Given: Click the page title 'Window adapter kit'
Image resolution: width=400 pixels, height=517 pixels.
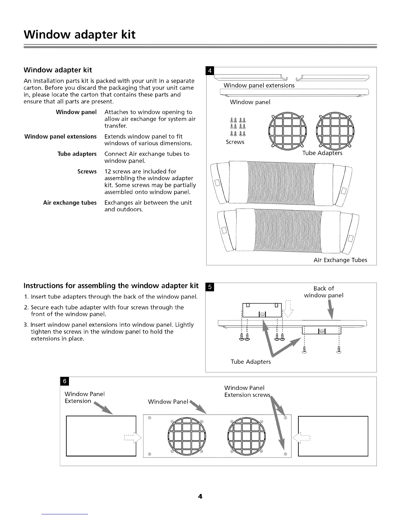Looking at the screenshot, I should pos(79,35).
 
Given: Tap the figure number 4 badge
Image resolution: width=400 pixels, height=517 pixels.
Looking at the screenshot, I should pos(210,70).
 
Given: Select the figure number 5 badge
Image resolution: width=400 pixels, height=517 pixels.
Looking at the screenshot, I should pos(210,287).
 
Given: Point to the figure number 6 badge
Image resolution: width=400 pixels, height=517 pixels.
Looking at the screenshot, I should pos(64,381).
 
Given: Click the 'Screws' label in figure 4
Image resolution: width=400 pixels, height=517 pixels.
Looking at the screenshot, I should pos(235,142).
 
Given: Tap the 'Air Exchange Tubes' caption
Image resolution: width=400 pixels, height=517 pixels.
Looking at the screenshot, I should pos(340,260).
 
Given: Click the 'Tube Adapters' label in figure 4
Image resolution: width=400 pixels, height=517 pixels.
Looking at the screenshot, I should pos(322,153).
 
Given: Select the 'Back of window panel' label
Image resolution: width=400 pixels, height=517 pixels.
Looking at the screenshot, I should pos(324,292).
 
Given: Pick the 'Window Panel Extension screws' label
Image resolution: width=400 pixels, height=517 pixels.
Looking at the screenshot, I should pos(247,391).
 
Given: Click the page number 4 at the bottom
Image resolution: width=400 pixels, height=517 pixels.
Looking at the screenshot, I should pos(200,496).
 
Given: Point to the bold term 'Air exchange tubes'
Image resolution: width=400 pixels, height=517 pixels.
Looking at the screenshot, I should pos(70,203).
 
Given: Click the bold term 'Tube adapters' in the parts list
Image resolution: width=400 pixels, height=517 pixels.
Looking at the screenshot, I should pos(77,154).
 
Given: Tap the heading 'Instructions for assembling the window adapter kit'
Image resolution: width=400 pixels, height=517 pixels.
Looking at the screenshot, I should pos(111,286).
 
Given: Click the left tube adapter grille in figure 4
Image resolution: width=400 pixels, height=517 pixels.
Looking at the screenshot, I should pos(287,131).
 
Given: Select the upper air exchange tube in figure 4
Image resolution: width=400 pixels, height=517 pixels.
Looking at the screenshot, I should pos(282,183).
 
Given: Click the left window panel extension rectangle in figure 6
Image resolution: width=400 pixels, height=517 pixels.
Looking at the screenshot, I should pos(101,436).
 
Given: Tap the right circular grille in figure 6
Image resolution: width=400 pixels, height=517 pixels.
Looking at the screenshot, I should pos(247,436).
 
